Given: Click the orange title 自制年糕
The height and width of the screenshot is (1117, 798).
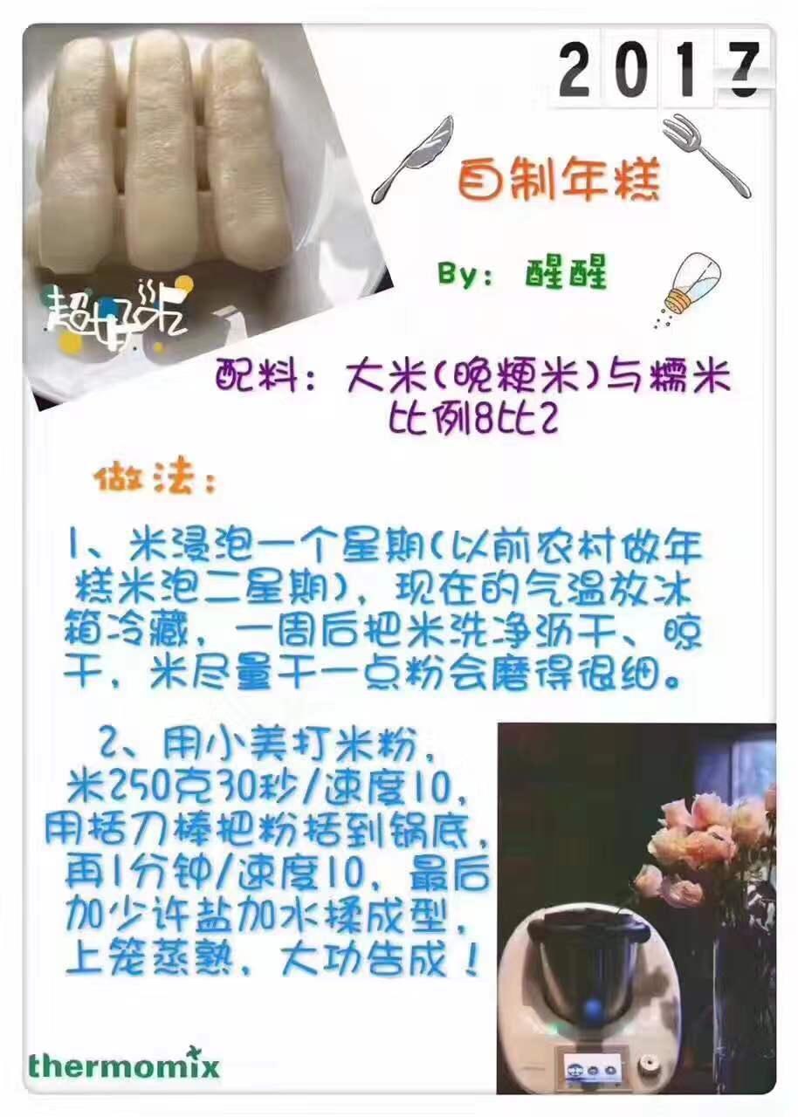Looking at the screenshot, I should [558, 181].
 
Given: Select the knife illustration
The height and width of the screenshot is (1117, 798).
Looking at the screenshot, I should [412, 159].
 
